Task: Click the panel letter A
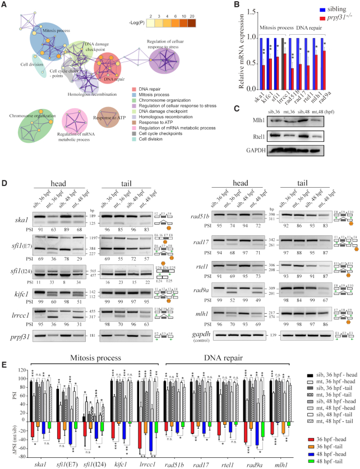click(x=4, y=4)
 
